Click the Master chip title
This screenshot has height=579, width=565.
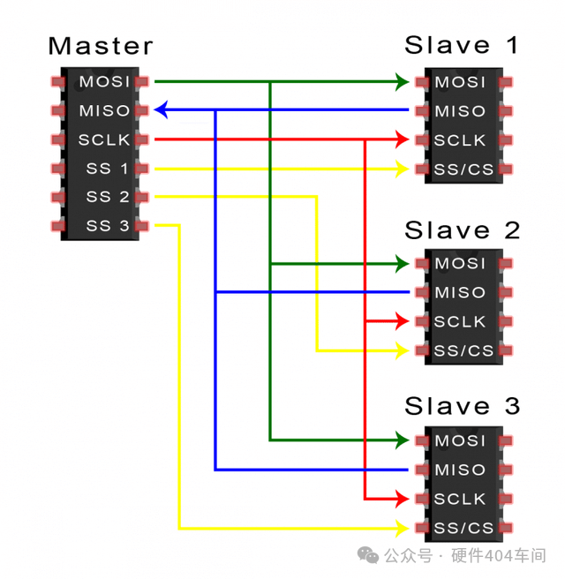point(100,46)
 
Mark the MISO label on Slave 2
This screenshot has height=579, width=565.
point(460,292)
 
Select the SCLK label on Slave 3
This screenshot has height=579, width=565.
point(460,499)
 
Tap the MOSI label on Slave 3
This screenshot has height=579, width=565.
point(460,440)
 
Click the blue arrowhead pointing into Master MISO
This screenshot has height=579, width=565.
point(161,110)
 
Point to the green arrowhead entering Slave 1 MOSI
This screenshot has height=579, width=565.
point(403,82)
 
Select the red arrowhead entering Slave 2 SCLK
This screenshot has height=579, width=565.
point(403,321)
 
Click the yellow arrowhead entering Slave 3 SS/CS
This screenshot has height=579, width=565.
point(403,529)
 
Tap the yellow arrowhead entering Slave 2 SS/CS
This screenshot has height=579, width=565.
point(403,350)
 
